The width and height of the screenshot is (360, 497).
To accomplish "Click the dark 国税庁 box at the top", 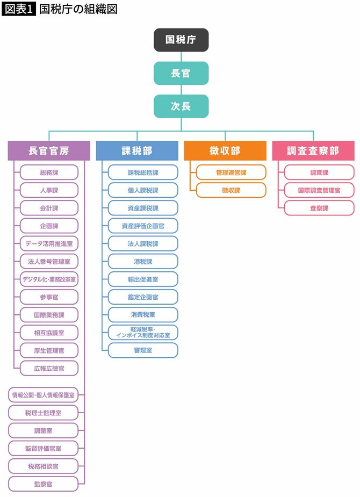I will coord(181,40).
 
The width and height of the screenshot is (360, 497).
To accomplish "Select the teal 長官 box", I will coord(181,73).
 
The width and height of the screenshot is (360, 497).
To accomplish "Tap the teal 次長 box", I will coord(181,106).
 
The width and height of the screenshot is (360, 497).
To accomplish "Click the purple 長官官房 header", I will coord(49,151).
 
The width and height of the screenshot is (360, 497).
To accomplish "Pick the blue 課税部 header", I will coord(136,151).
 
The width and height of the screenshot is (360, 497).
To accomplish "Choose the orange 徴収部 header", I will coord(225,151).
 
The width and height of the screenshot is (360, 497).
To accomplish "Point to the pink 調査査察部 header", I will coord(313,151).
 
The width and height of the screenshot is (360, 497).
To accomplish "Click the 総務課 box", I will coord(49,172).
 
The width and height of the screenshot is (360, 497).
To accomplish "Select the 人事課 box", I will coord(49,190).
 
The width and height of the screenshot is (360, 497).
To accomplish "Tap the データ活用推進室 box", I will coord(49,243).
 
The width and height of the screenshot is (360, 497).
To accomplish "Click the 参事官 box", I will coord(49,297).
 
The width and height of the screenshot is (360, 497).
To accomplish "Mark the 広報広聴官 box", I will coord(49,368).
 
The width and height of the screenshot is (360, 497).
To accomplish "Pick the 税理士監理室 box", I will coord(43,413).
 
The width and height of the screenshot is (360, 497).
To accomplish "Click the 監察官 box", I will coord(43,484).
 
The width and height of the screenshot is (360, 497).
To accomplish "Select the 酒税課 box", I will coord(142,262).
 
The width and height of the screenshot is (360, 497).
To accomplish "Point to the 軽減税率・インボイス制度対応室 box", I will coord(142,332).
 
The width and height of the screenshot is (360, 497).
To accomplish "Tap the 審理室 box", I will coord(142,350).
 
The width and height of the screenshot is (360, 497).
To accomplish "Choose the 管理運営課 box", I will coord(231,172).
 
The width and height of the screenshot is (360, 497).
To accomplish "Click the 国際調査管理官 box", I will coord(319,190).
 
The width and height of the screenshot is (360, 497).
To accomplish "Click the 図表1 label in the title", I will coord(19,9).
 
